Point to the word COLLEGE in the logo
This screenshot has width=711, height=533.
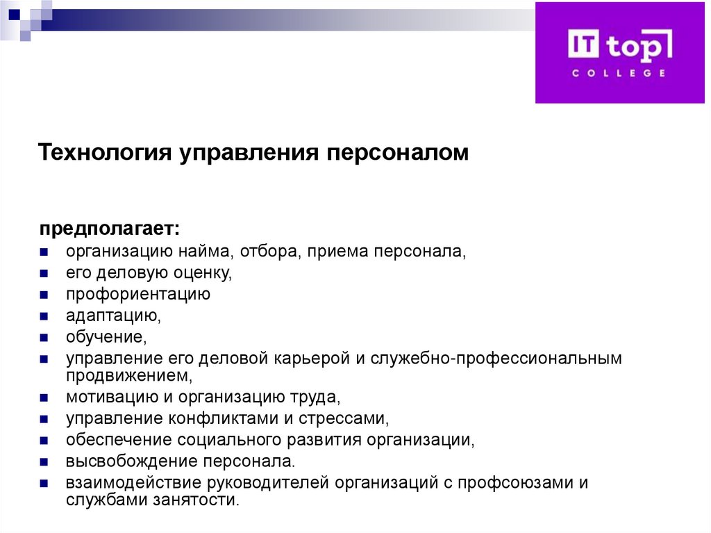(619, 73)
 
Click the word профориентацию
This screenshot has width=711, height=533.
(138, 294)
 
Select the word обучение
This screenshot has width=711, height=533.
(107, 338)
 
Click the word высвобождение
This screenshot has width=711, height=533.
(131, 462)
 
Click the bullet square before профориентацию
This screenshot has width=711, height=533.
(43, 295)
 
